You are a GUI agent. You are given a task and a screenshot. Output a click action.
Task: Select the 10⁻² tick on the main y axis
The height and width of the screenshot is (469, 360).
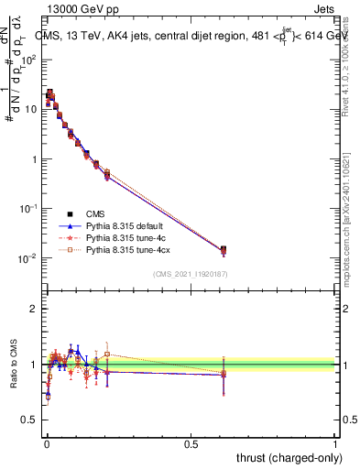tap(29, 258)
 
